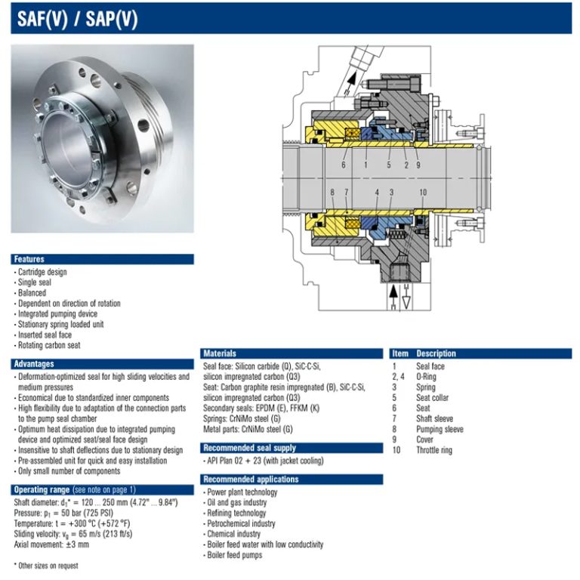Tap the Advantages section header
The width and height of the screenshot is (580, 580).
click(x=35, y=364)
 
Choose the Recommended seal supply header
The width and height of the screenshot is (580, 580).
click(x=248, y=448)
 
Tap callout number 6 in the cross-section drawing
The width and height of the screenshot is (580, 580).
click(x=344, y=164)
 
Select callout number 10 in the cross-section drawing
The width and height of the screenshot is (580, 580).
click(x=422, y=193)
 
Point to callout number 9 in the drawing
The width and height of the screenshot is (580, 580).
click(x=418, y=164)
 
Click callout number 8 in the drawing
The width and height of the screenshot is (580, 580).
click(x=332, y=193)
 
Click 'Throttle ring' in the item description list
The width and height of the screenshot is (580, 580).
click(x=434, y=450)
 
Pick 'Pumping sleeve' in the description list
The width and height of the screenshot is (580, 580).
click(x=440, y=430)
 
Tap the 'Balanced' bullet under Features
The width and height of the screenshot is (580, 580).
click(x=32, y=293)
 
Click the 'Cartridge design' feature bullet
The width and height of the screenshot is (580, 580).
click(x=42, y=272)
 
